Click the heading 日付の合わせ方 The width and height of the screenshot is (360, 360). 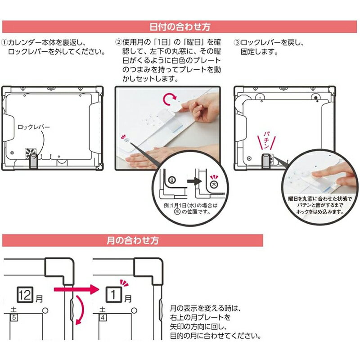click(x=180, y=27)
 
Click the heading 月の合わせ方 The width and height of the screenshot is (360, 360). click(x=133, y=240)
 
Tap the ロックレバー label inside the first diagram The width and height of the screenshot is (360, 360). click(x=33, y=127)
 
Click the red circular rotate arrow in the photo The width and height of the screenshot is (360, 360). click(x=170, y=99)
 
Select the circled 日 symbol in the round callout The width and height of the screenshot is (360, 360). click(x=172, y=180)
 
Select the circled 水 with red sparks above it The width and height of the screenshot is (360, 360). click(x=214, y=184)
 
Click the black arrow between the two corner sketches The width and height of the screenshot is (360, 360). click(x=194, y=181)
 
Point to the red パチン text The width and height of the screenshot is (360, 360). click(x=266, y=140)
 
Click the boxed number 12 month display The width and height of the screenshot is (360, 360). click(x=25, y=295)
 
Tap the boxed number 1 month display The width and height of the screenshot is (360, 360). click(x=113, y=295)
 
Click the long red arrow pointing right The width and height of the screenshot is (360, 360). click(x=76, y=289)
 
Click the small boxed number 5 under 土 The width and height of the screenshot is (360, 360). click(x=14, y=318)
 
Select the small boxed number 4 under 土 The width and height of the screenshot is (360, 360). click(x=103, y=318)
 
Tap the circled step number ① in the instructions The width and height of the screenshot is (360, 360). click(x=4, y=43)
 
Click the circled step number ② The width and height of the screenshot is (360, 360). click(x=118, y=42)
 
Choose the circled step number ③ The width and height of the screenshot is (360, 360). click(x=237, y=43)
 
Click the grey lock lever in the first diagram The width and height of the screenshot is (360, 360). click(x=33, y=162)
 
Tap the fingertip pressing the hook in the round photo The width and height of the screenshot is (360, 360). click(x=316, y=175)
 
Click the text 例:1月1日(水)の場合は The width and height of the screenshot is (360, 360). click(x=190, y=205)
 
